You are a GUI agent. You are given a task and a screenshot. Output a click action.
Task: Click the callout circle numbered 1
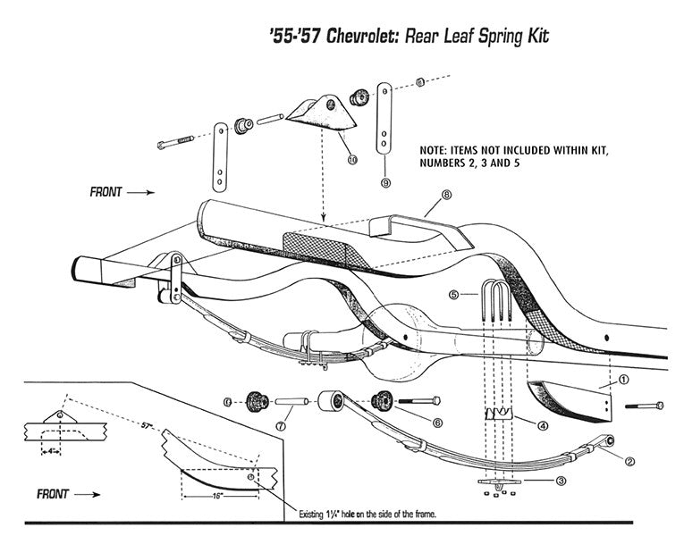click(x=623, y=379)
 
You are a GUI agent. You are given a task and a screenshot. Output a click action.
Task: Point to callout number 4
click(x=542, y=425)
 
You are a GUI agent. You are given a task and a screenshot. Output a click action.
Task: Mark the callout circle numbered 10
click(x=351, y=158)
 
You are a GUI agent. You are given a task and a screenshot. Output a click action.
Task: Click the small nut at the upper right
click(x=421, y=82)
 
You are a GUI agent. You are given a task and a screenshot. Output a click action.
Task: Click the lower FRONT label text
click(x=58, y=492)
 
